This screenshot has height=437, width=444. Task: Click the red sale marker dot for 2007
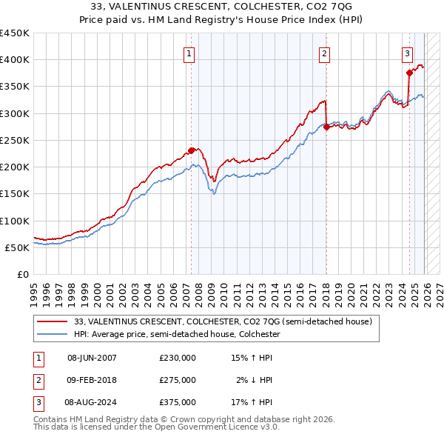191,150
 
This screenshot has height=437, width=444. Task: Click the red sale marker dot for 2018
326,127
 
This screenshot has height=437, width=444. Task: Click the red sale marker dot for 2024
409,73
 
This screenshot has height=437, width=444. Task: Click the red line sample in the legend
52,321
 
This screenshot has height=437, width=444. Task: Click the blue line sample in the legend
52,334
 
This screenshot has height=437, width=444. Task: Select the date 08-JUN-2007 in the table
92,358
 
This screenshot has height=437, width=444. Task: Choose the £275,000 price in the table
178,380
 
